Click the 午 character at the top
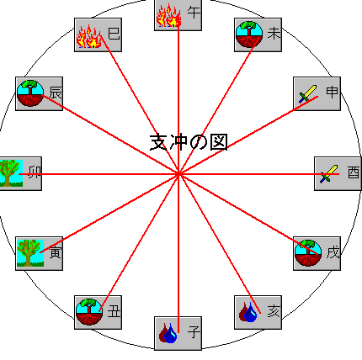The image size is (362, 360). pos(194,13)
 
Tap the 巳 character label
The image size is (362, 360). pos(114,34)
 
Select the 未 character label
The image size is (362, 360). pos(274,34)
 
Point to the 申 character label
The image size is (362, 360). pos(333,92)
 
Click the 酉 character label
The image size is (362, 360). pos(354,172)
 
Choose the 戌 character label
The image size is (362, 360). pos(333,252)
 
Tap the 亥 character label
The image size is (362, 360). pos(274,311)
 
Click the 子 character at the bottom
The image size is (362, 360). pos(194,332)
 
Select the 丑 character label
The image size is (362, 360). pos(114,311)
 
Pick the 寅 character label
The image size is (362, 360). pos(55,252)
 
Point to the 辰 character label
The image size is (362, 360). pos(55,93)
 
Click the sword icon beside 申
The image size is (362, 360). pos(308,94)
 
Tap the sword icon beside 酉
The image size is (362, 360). pos(329,174)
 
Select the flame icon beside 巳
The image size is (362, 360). pos(89,36)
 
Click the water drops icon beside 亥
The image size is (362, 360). pos(248,312)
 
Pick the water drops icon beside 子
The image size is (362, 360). pos(168,333)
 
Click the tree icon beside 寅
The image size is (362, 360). pos(30,252)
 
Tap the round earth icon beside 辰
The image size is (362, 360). pos(30,93)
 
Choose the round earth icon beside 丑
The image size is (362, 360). pos(89,312)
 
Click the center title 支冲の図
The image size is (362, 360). pos(189,142)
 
